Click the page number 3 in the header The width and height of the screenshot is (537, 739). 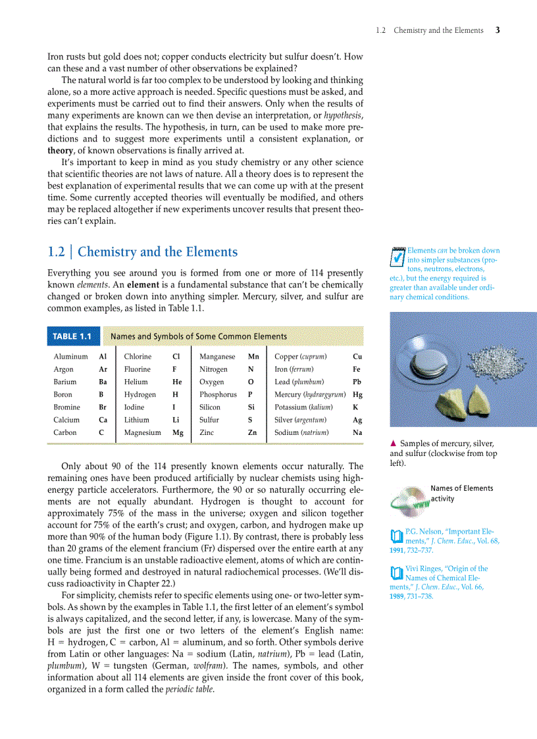[498, 30]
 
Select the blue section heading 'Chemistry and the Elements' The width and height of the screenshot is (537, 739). [157, 252]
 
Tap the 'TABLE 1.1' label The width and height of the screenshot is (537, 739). [72, 336]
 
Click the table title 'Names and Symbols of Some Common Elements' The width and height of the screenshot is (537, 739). [199, 336]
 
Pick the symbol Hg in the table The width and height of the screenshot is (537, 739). [357, 395]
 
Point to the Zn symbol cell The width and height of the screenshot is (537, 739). [252, 432]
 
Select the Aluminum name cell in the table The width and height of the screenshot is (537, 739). [70, 357]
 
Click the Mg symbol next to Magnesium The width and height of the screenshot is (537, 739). [178, 432]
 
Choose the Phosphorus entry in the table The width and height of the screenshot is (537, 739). [218, 395]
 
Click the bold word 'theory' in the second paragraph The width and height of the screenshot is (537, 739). [61, 150]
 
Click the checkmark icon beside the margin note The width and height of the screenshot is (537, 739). [397, 258]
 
